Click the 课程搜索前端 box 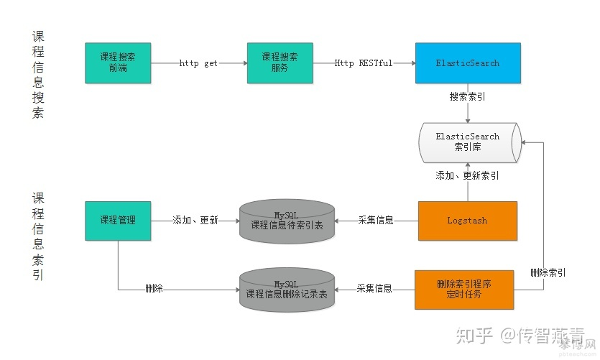(118, 63)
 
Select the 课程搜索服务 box (280, 63)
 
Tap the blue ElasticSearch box (467, 63)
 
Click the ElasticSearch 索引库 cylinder (468, 142)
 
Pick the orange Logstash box (467, 221)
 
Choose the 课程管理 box (118, 221)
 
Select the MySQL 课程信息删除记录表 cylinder (287, 289)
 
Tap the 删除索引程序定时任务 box (464, 289)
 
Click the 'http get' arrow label (198, 63)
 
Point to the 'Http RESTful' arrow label (364, 63)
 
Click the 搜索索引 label (467, 96)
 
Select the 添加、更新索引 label (467, 175)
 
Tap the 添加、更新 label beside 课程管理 (195, 221)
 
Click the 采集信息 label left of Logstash (376, 221)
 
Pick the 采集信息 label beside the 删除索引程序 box (374, 289)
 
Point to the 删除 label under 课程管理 (154, 289)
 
